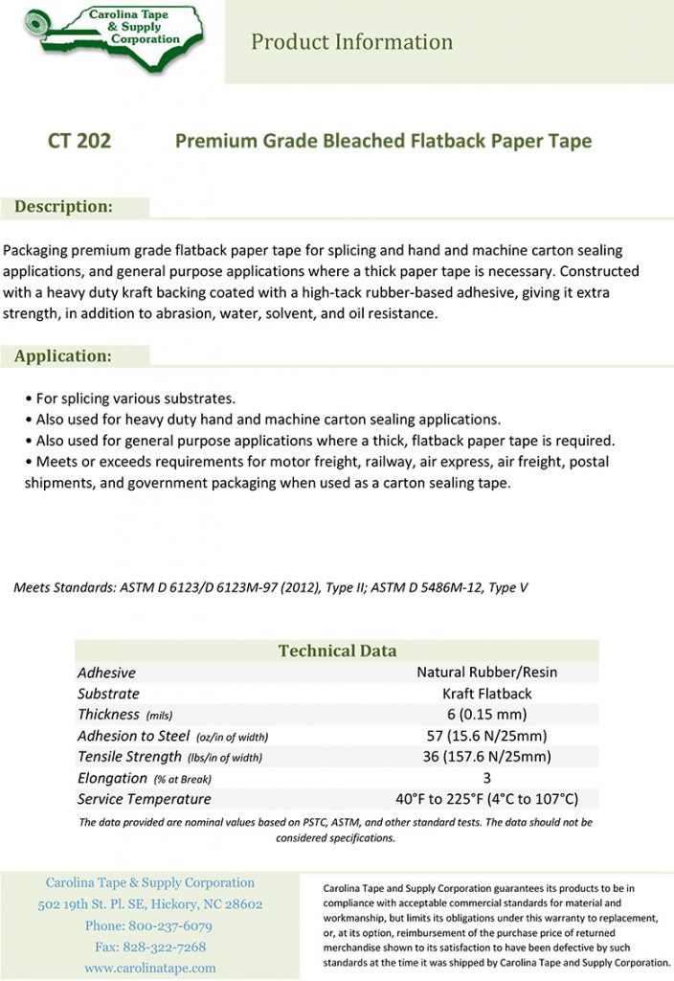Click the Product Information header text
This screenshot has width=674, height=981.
click(x=351, y=42)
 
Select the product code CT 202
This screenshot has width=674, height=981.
click(x=79, y=142)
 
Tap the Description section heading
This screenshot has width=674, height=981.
click(x=63, y=207)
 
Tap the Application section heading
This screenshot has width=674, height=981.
click(x=63, y=356)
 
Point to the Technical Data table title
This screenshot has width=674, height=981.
click(x=337, y=650)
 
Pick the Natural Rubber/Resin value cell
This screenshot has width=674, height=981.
click(x=486, y=673)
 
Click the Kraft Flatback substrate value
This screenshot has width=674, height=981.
click(x=486, y=694)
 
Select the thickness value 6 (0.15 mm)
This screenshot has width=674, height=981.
click(x=486, y=715)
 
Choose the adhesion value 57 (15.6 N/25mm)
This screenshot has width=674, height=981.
click(x=486, y=736)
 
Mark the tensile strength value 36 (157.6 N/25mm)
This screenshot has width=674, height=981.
click(x=486, y=757)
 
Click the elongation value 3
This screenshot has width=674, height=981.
click(x=486, y=778)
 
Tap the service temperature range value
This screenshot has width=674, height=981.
click(x=486, y=799)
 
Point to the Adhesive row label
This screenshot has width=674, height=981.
click(x=106, y=673)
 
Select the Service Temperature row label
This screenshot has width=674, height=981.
click(x=144, y=799)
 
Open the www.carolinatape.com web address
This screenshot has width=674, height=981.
click(x=150, y=969)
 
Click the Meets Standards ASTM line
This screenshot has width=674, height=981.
click(x=270, y=587)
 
